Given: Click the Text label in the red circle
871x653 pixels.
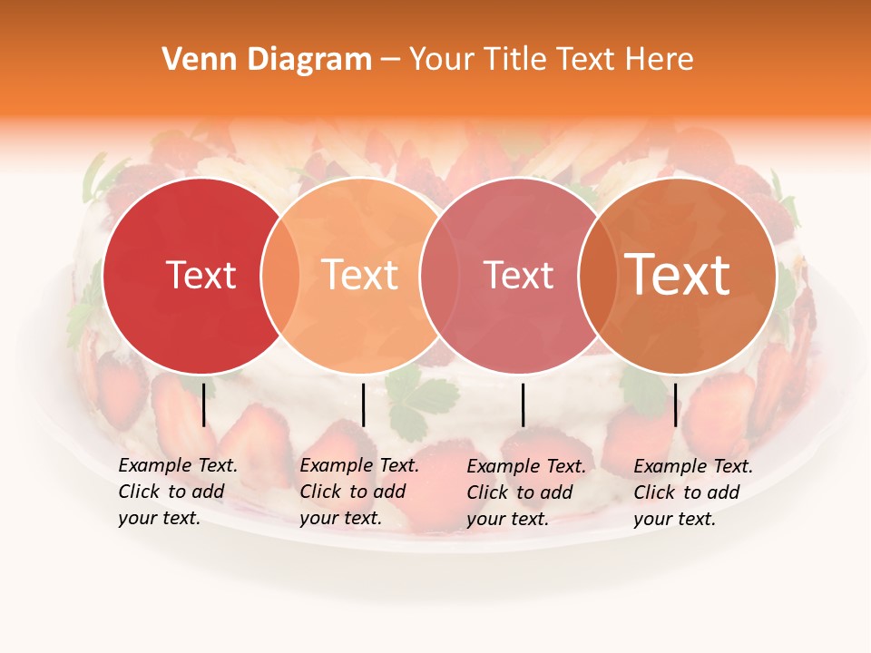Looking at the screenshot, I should click(201, 275).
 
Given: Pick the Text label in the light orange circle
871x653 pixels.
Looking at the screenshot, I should click(360, 275).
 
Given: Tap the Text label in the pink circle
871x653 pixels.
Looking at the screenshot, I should click(518, 275).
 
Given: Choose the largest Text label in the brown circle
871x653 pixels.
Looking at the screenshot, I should click(678, 275).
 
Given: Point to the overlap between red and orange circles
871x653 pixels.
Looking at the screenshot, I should click(279, 275).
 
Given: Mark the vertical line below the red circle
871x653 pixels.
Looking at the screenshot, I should click(204, 404).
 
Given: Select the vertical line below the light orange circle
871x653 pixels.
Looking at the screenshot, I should click(363, 404).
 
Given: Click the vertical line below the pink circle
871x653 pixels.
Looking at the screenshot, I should click(524, 404).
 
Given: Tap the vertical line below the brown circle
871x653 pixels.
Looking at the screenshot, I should click(676, 404).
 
